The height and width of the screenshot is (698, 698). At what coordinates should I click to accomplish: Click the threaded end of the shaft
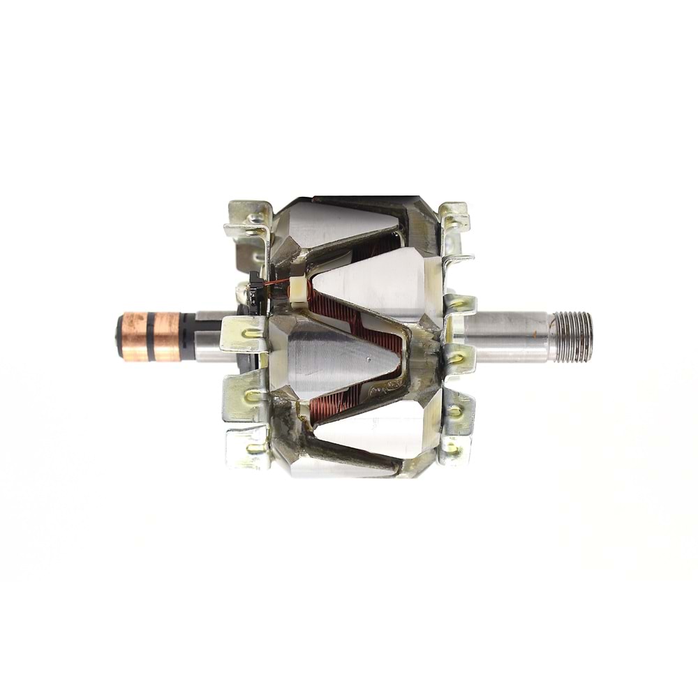click(574, 336)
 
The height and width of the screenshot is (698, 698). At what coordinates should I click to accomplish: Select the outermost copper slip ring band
click(133, 337)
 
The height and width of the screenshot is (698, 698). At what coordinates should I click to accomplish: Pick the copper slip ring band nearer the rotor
click(166, 336)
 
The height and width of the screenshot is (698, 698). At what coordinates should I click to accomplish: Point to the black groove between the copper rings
click(150, 336)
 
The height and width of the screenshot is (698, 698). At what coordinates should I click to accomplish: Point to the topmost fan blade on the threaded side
click(454, 216)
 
